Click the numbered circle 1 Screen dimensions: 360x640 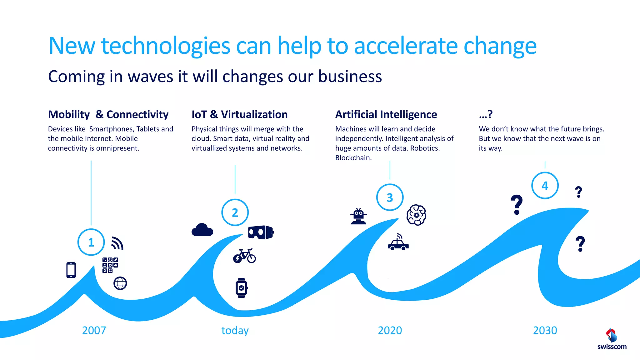coord(91,242)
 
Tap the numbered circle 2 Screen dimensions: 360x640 coord(235,212)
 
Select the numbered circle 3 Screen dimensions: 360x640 coord(390,197)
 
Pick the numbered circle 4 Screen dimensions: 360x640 coord(545,186)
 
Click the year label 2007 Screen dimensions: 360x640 coord(94,330)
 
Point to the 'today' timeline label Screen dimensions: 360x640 coord(235,330)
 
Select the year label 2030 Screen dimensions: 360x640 coord(545,330)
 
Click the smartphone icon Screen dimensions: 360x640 coord(71,270)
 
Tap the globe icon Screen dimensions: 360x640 coord(120,283)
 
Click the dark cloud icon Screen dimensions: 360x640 coord(202,230)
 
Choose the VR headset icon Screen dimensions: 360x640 coord(261,232)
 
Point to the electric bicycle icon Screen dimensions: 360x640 coord(244,256)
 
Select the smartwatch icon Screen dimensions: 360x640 coord(242,288)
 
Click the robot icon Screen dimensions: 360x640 coord(359,216)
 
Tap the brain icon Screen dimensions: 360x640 coord(416,215)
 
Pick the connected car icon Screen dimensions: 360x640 coord(398,242)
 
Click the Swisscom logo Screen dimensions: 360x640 coord(612,339)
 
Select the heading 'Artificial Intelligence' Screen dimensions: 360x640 coord(386,115)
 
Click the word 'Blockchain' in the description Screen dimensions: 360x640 coord(353,158)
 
